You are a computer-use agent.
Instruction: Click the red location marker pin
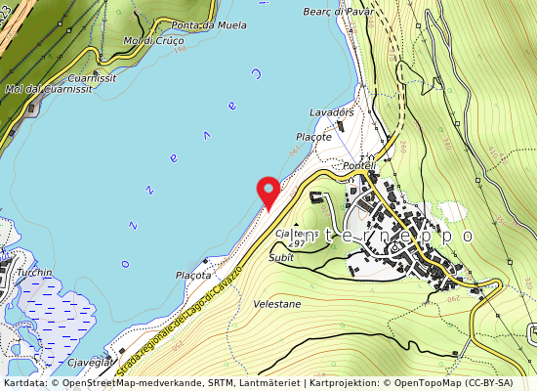pyautogui.click(x=267, y=191)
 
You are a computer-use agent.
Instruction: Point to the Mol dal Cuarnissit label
pyautogui.click(x=49, y=89)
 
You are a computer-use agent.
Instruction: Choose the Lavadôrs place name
pyautogui.click(x=331, y=112)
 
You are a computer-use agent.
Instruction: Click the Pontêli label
pyautogui.click(x=359, y=166)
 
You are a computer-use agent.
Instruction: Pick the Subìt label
pyautogui.click(x=281, y=257)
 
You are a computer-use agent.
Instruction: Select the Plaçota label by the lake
pyautogui.click(x=193, y=276)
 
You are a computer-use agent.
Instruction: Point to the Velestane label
pyautogui.click(x=278, y=304)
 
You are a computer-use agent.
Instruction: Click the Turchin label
pyautogui.click(x=34, y=273)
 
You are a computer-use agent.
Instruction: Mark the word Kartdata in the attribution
pyautogui.click(x=23, y=383)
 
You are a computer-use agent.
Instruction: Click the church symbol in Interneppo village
pyautogui.click(x=370, y=159)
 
